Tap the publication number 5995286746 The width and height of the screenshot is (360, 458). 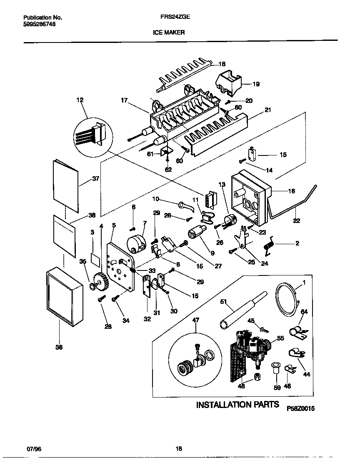click(x=39, y=24)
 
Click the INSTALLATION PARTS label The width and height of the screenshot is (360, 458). click(x=237, y=405)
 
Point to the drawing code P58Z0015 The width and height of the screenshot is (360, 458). click(x=300, y=409)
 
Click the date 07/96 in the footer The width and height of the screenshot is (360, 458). click(x=34, y=449)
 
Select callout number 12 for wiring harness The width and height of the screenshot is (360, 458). click(x=80, y=100)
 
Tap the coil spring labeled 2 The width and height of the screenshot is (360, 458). click(x=269, y=245)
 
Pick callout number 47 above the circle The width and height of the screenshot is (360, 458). click(x=196, y=320)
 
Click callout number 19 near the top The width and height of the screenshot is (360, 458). click(x=256, y=84)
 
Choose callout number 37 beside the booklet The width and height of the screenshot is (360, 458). click(x=95, y=179)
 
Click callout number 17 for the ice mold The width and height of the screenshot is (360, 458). click(x=124, y=100)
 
